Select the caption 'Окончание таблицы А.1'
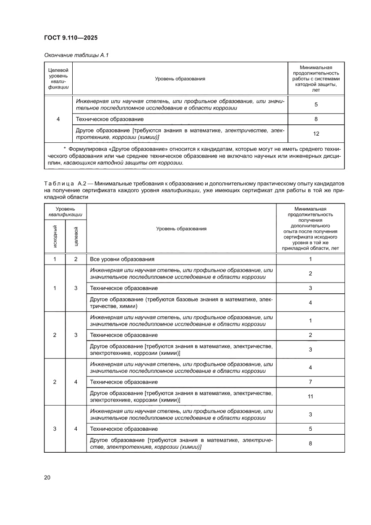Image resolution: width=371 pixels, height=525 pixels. tap(77, 55)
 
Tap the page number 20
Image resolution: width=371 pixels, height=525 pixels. tap(47, 477)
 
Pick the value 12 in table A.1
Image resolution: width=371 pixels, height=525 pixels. tap(316, 133)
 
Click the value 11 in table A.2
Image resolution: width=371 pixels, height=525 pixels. tap(310, 397)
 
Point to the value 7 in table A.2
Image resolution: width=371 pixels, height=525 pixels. tap(310, 382)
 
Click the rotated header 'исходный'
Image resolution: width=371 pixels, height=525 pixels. tap(55, 236)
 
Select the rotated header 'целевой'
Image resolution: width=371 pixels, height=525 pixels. tap(76, 236)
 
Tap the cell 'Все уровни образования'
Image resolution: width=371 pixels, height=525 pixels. tap(122, 259)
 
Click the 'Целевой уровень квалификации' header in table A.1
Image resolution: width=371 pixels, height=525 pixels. tap(58, 79)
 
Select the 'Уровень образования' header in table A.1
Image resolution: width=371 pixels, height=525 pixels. tap(180, 79)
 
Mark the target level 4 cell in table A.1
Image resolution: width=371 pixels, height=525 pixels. tap(58, 119)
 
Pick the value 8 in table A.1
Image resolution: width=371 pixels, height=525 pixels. tap(316, 119)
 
